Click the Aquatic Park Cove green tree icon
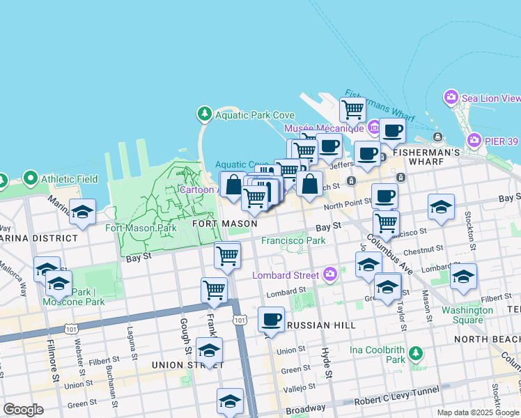[x=204, y=113]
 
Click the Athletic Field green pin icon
[x=30, y=179]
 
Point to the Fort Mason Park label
[x=141, y=228]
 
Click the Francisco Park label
[x=293, y=240]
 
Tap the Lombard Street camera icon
[x=330, y=274]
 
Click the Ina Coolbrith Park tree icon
[x=416, y=353]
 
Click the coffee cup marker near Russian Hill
[x=271, y=320]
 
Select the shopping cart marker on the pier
[x=352, y=109]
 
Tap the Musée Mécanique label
[x=324, y=128]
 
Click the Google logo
[x=23, y=410]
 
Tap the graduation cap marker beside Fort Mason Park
[x=82, y=212]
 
